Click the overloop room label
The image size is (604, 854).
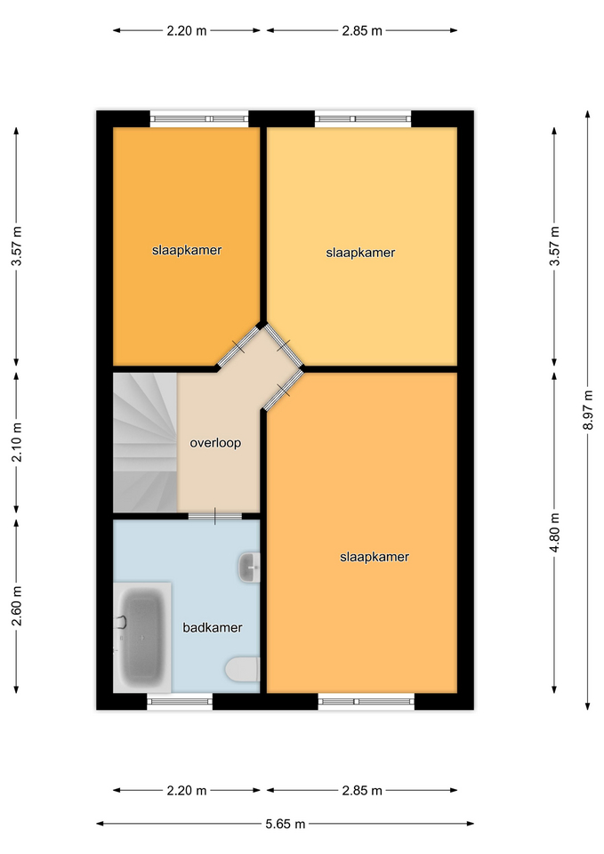tap(215, 443)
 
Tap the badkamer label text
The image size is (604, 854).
tap(213, 627)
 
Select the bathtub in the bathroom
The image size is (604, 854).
tap(141, 637)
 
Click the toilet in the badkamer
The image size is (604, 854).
tap(243, 669)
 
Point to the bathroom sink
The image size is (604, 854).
tap(249, 568)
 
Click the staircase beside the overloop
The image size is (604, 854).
tap(145, 442)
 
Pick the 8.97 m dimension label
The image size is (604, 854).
tap(588, 409)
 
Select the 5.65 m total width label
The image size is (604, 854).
tap(286, 824)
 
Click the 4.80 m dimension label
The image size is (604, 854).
tap(554, 532)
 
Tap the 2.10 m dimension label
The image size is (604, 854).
tap(17, 442)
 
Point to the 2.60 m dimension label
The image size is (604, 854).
tap(17, 606)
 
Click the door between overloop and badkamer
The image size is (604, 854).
tap(215, 516)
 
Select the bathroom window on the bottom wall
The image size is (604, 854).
tap(180, 702)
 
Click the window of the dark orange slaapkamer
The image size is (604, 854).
tap(199, 118)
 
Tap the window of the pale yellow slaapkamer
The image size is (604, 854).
tap(363, 118)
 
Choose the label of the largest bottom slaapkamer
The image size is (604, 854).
tap(374, 557)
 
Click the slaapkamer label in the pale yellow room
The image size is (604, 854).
tap(360, 253)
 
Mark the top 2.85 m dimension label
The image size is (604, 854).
tap(362, 31)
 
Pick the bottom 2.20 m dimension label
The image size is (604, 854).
tap(187, 790)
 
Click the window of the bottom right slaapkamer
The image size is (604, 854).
tap(366, 702)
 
